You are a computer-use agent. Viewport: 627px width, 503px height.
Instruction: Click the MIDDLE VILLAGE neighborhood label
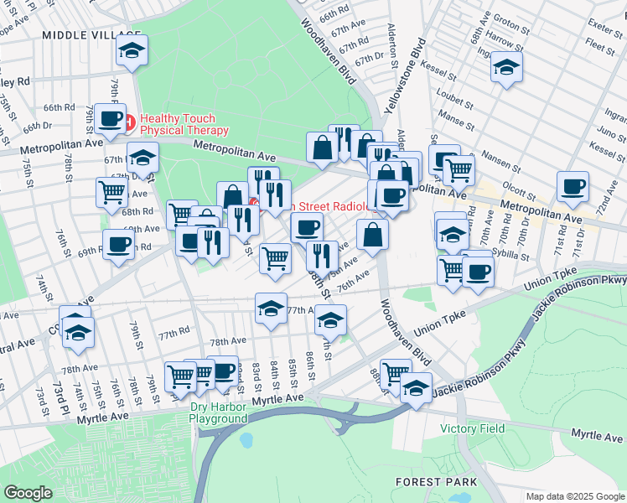point(81,34)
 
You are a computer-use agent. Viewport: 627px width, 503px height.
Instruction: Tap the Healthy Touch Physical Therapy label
point(184,124)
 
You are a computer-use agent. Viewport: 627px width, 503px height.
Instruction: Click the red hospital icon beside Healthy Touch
point(129,123)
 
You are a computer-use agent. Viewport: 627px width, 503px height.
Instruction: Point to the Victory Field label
point(473,428)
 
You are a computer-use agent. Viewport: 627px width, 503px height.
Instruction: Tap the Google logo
point(28,493)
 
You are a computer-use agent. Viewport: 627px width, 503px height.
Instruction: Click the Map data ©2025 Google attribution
point(575,496)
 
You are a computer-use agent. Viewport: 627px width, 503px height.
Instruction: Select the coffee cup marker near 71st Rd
point(573,187)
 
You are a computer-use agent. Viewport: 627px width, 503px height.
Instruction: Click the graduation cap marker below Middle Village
point(132,50)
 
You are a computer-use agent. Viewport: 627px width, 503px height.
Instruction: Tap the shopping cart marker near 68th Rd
point(112,191)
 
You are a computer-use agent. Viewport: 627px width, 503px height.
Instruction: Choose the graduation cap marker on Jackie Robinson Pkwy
point(415,387)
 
